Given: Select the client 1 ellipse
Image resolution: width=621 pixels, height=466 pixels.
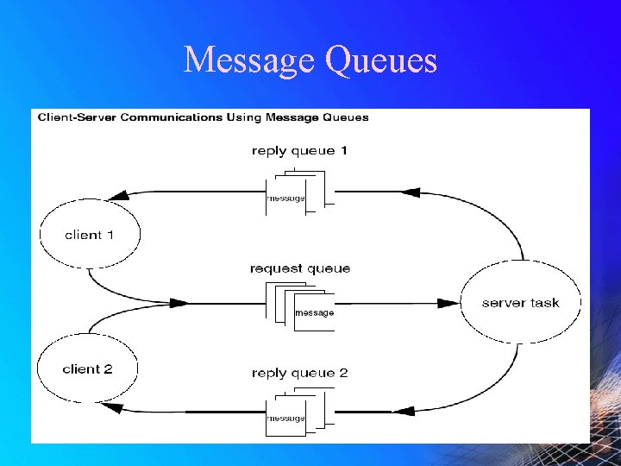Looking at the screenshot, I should [90, 234].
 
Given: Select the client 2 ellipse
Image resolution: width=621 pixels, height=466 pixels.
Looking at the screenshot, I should [88, 369].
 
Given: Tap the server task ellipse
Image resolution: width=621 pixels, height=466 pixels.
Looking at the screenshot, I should [520, 303].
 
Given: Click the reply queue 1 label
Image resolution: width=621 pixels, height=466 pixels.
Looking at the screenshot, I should [299, 151].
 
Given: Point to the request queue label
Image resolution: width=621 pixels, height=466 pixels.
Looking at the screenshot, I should [300, 268].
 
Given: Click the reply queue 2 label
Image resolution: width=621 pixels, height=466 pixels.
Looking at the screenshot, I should [300, 373].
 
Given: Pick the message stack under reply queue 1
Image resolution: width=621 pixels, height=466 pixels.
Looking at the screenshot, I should [294, 193].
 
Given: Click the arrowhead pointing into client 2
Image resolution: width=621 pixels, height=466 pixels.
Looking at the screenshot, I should [109, 406].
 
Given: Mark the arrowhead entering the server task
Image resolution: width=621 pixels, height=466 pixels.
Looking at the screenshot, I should [448, 303].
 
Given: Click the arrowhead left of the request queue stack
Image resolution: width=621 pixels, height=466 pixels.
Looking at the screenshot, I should [178, 303].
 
